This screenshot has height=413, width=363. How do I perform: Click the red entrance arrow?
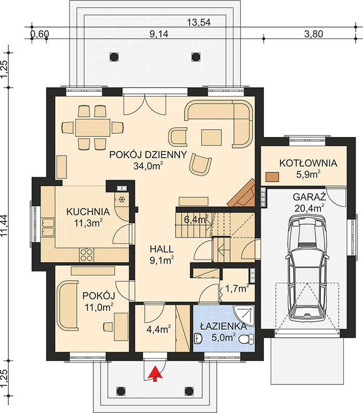tap(155, 374)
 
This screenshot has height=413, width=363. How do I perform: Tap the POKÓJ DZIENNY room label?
tap(148, 155)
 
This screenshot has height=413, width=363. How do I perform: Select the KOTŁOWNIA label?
tap(308, 163)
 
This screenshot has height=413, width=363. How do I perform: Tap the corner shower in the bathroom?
tap(244, 316)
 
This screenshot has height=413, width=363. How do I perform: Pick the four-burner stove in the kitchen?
tap(87, 255)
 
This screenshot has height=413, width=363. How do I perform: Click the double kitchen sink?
tap(48, 227)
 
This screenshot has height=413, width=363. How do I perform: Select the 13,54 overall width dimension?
tap(199, 23)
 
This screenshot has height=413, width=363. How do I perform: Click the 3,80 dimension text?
tap(313, 34)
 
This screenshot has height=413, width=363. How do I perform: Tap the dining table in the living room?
tap(92, 128)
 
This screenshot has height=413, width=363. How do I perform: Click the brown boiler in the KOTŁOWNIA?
tap(272, 177)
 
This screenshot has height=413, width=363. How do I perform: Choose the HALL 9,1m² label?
tap(162, 254)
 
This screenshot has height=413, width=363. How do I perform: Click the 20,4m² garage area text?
tap(309, 208)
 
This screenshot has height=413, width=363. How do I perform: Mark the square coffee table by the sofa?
tap(212, 137)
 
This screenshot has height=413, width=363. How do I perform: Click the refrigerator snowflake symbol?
tap(122, 200)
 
